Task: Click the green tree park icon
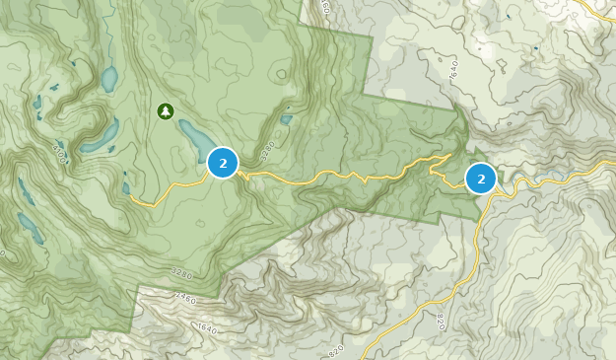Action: tap(165, 110)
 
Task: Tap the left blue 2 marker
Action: tap(224, 163)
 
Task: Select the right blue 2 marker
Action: tap(481, 179)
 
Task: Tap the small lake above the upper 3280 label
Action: tap(286, 120)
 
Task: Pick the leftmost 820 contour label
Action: tap(336, 349)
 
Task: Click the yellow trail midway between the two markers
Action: tap(345, 175)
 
